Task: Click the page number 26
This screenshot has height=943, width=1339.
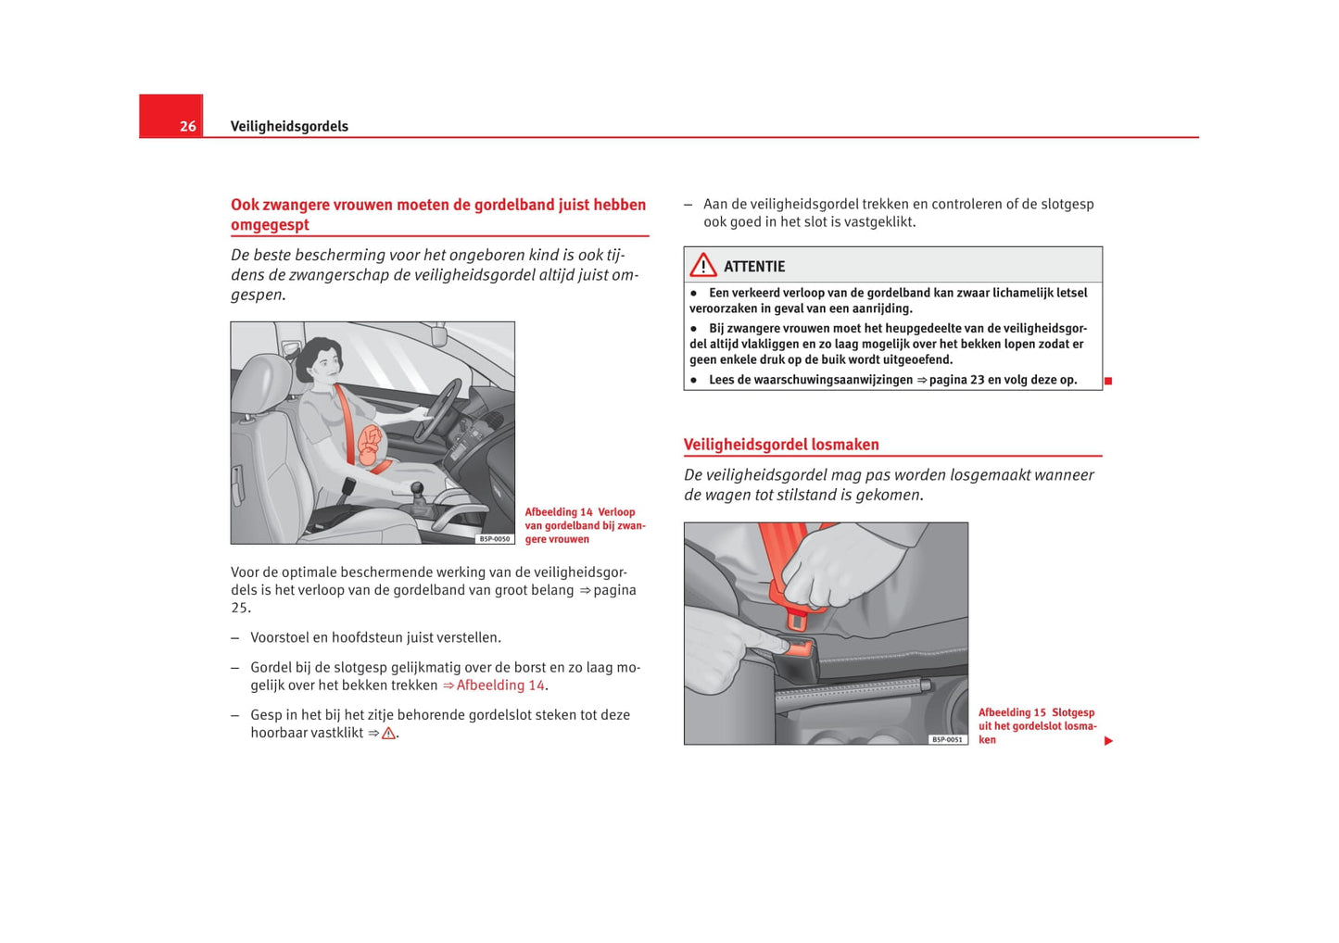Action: [x=187, y=126]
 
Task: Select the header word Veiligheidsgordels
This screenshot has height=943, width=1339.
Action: [x=289, y=126]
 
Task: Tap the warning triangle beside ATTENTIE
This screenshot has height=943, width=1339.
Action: [x=703, y=266]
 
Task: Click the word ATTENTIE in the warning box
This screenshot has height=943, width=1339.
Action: [x=754, y=267]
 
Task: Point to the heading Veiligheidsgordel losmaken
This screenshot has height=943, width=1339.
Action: [x=781, y=445]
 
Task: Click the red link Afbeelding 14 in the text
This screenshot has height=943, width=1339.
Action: [x=500, y=685]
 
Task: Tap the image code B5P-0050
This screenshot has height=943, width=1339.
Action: [x=495, y=538]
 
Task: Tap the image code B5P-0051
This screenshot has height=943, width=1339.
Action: [x=948, y=739]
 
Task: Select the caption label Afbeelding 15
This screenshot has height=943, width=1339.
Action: [x=1012, y=712]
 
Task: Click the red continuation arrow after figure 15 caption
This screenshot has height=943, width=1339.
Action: [x=1108, y=740]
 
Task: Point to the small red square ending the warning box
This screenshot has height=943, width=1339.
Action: [x=1108, y=381]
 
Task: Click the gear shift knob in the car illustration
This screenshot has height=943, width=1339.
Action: [x=417, y=488]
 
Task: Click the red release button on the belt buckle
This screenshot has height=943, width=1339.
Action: [x=798, y=648]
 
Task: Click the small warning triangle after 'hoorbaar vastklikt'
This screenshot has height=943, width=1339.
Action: [x=388, y=734]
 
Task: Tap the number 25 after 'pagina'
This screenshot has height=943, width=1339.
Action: [x=239, y=608]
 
